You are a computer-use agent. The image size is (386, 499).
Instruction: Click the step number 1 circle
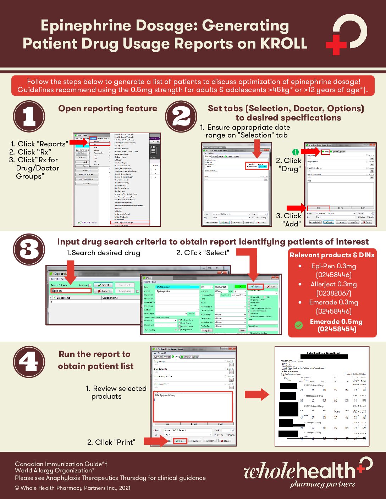point(29,116)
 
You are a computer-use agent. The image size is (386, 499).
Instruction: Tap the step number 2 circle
point(181,116)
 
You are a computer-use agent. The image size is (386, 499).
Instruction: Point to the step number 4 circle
point(29,362)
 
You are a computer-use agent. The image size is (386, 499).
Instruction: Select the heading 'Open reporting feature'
point(107,108)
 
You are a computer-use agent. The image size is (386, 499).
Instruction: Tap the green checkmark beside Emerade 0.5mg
point(299,325)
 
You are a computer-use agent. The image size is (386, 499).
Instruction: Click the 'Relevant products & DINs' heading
point(332,255)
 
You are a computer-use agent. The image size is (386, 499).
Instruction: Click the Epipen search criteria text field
point(71,291)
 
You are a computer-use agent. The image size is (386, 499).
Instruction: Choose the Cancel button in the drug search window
point(104,291)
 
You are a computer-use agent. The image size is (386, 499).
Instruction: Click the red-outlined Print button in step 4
point(180,441)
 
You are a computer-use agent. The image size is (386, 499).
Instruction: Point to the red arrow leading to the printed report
point(257,394)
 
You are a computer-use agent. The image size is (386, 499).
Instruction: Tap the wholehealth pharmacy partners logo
point(307,473)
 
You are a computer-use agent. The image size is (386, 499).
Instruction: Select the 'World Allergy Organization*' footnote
point(55,471)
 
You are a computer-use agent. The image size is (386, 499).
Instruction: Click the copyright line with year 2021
point(73,488)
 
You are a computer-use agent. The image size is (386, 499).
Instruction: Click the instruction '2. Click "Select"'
point(203,253)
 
